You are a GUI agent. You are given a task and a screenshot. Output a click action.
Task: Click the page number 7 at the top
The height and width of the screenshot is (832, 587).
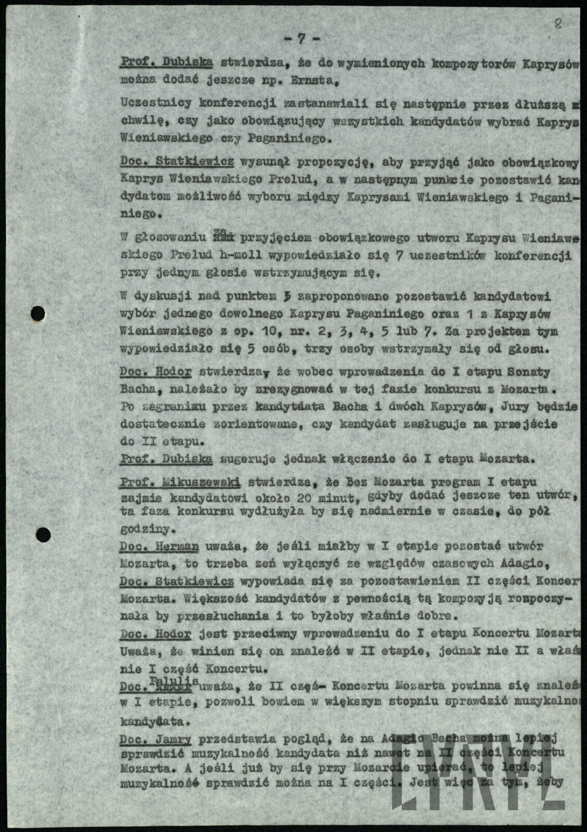pyautogui.click(x=301, y=38)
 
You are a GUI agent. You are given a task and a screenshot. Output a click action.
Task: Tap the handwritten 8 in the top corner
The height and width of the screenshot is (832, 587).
pyautogui.click(x=558, y=24)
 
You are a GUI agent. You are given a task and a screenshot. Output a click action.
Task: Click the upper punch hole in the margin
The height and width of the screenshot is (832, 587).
pyautogui.click(x=37, y=314)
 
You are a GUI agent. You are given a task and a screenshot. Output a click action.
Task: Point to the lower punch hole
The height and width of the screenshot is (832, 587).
pyautogui.click(x=43, y=534)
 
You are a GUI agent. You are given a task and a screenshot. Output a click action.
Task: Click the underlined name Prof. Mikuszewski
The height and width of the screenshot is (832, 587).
pyautogui.click(x=180, y=483)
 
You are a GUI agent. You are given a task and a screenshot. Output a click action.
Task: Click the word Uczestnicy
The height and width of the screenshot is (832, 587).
pyautogui.click(x=148, y=103)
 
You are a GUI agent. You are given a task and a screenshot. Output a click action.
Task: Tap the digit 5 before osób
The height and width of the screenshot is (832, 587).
pyautogui.click(x=250, y=349)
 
